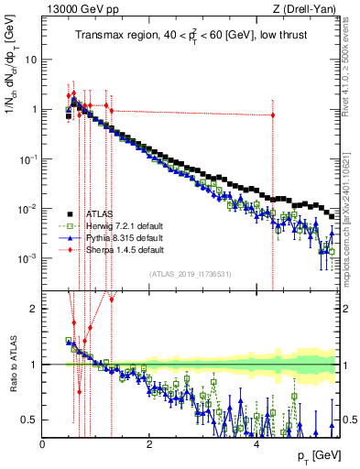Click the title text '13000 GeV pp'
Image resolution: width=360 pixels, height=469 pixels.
(71, 10)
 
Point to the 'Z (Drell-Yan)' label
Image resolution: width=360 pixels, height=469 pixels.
(310, 10)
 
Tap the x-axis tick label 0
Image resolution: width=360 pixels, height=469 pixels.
(42, 444)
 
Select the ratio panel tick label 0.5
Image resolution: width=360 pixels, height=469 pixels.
(32, 420)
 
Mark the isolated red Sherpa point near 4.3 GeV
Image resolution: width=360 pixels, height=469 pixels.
(272, 115)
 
